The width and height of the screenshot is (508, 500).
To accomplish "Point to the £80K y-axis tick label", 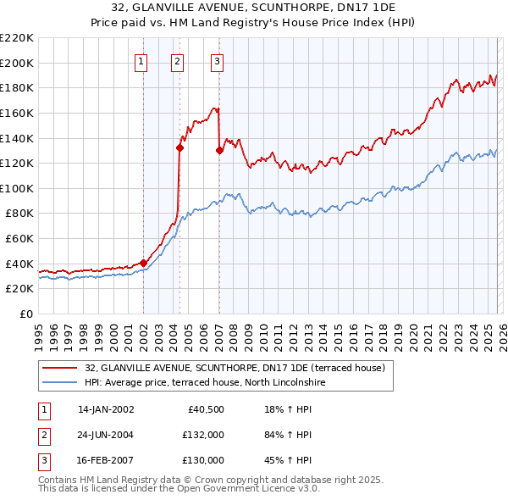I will (x=19, y=214).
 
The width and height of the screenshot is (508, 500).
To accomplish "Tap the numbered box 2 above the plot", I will (x=177, y=61).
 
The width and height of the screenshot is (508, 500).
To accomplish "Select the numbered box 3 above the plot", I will (x=217, y=61).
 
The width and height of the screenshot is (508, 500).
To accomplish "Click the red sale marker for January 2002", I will (x=143, y=263).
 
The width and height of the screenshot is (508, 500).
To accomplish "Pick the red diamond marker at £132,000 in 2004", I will (x=180, y=147).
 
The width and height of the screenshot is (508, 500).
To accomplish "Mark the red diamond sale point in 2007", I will (x=219, y=150).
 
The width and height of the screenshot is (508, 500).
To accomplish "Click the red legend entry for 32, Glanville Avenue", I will (x=235, y=368).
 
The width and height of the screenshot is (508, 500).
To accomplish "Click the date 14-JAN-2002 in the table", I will (x=106, y=410).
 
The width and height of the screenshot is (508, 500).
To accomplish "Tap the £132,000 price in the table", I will (x=203, y=435).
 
